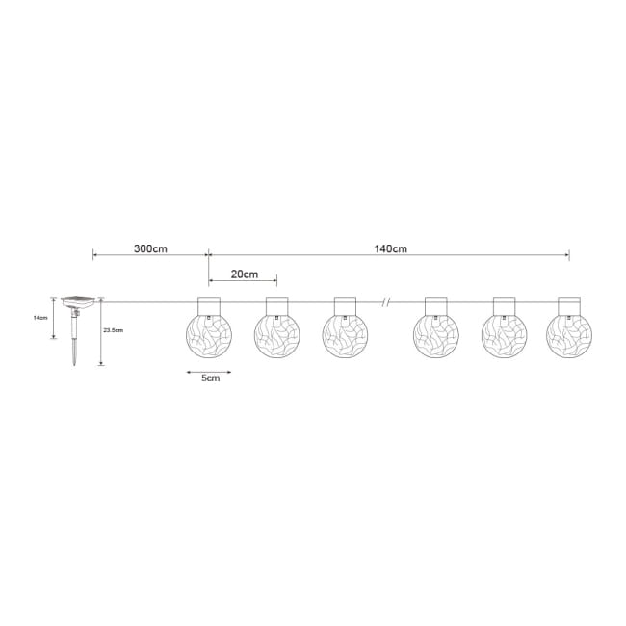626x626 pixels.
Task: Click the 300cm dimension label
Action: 150,248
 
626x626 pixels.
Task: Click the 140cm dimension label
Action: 390,248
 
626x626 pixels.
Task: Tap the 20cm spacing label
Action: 245,274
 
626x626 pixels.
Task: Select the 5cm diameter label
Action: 210,378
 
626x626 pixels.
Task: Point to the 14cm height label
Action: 40,318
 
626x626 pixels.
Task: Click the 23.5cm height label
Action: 114,330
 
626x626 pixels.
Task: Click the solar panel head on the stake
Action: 78,301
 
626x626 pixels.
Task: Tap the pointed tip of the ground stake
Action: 74,365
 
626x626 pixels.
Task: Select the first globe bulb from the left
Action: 209,335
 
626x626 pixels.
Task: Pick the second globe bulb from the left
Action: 277,335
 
